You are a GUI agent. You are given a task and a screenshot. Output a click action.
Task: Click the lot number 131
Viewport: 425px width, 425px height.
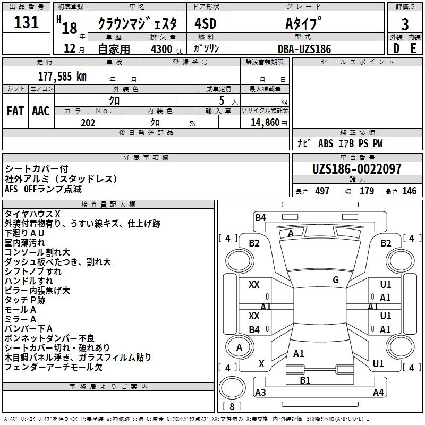click(26, 22)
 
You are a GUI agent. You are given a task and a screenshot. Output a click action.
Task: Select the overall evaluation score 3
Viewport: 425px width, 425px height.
click(405, 24)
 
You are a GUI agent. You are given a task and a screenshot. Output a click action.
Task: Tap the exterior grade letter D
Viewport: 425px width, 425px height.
click(396, 49)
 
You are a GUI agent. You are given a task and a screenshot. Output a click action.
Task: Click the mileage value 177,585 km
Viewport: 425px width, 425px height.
click(62, 76)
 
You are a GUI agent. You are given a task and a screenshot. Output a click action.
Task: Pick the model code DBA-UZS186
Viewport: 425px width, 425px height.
click(304, 49)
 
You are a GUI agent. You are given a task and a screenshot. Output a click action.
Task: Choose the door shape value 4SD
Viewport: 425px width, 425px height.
click(206, 24)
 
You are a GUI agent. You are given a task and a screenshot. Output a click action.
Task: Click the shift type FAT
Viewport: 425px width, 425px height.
click(15, 111)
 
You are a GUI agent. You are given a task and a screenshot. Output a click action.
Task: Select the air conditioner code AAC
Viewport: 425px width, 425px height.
click(40, 111)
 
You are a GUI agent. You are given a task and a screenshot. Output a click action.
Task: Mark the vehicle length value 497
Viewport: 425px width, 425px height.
click(322, 191)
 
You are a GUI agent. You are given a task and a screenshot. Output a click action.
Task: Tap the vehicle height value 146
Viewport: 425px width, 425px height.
click(409, 191)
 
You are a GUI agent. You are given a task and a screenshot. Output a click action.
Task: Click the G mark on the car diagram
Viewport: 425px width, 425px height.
click(336, 280)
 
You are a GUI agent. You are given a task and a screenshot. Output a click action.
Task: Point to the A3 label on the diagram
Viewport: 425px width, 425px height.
click(260, 393)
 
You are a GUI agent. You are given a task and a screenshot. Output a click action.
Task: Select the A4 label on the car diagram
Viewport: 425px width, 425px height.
click(378, 393)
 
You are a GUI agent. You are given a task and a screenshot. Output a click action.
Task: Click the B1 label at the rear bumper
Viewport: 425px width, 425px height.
click(305, 380)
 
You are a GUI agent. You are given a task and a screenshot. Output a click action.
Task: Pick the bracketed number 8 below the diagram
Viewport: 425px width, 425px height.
click(232, 407)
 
